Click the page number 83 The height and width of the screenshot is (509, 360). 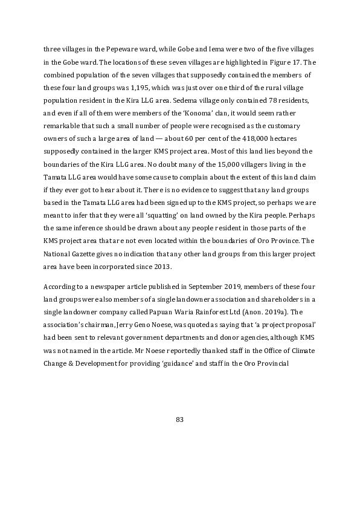(x=179, y=420)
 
